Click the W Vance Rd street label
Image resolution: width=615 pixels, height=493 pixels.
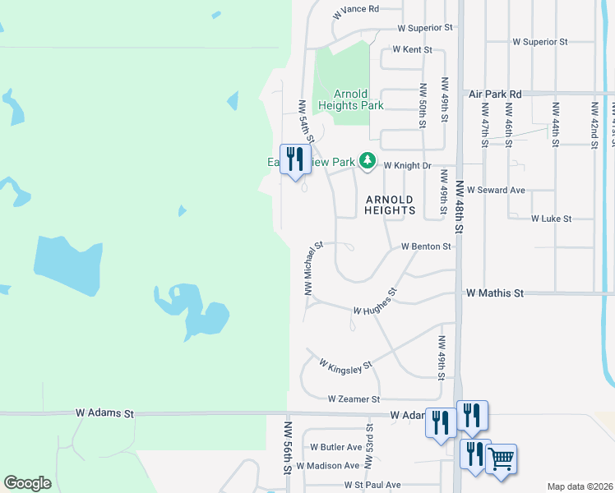point(356,10)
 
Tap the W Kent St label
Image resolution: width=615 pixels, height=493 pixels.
point(412,49)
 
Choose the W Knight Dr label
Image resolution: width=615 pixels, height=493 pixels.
point(407,165)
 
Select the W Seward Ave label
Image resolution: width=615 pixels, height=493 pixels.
point(496,190)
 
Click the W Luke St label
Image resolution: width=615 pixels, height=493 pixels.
point(551,219)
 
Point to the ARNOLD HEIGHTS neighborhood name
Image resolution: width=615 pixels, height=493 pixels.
point(390,205)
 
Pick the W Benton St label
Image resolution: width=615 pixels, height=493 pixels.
point(426,246)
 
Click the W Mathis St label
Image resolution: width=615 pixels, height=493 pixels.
point(494,293)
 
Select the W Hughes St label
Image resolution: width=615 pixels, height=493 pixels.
point(375,303)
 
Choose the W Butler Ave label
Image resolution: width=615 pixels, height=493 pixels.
point(335,448)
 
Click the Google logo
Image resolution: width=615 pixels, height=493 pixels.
point(28,482)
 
